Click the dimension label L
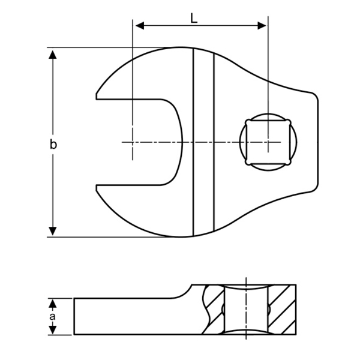(194, 18)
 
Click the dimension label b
(53, 144)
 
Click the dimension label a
(53, 316)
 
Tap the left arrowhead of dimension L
(140, 25)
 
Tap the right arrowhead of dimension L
(262, 25)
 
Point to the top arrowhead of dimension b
(53, 55)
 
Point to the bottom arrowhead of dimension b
(53, 231)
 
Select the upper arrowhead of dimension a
(53, 304)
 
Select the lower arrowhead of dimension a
(53, 330)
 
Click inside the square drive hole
(268, 142)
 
